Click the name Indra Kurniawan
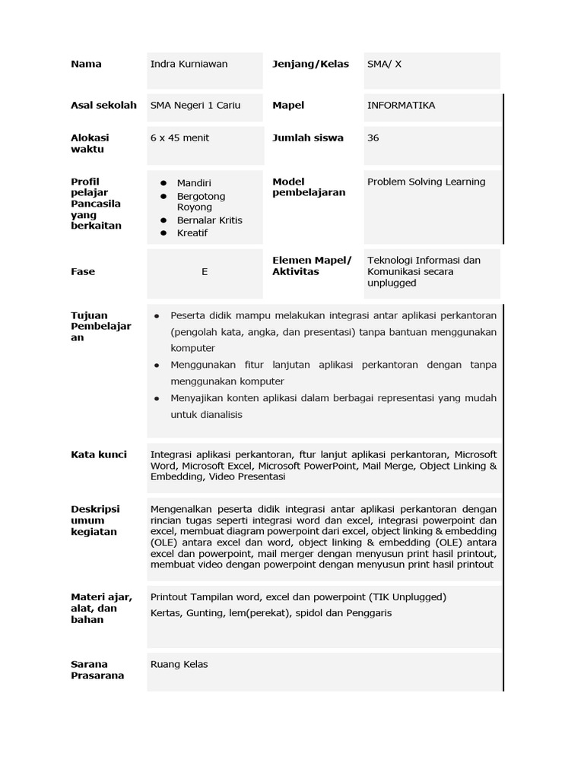[189, 64]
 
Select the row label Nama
[86, 64]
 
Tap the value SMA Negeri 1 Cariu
[195, 106]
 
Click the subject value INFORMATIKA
[401, 106]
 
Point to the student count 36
[373, 138]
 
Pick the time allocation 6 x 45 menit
[179, 138]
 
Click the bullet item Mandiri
[194, 183]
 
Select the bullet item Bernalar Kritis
[209, 220]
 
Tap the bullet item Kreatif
[192, 233]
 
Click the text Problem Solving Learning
[426, 182]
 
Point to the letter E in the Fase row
[205, 272]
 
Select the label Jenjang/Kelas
[310, 64]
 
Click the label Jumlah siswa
[307, 138]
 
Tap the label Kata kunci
[99, 454]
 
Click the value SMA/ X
[384, 64]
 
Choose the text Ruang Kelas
[179, 664]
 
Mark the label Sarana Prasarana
[97, 669]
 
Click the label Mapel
[287, 106]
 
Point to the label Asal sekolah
[103, 106]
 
